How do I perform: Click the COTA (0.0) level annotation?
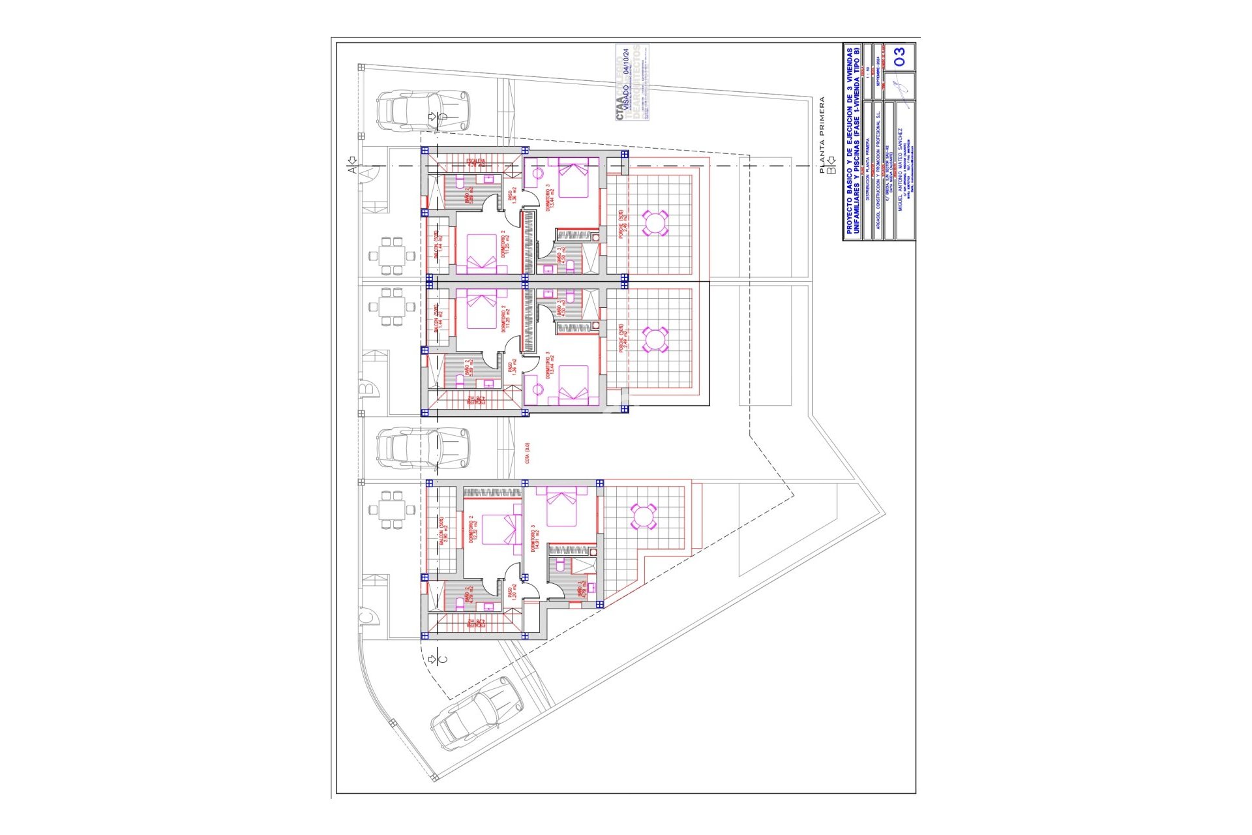(x=528, y=453)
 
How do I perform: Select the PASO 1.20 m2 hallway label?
(x=512, y=592)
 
